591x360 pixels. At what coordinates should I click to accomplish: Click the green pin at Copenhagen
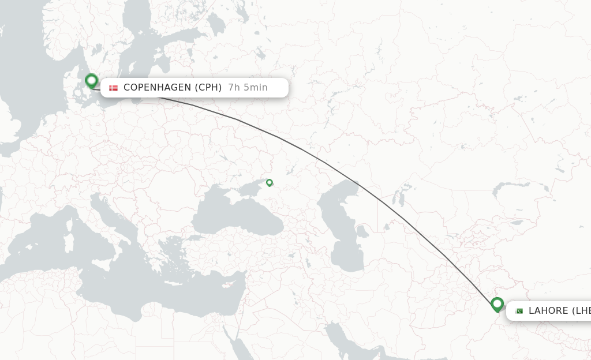pos(91,81)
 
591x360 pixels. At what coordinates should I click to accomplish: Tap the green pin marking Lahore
pos(497,304)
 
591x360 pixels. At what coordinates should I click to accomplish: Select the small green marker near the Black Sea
pos(269,182)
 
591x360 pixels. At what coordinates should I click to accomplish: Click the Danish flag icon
pos(113,88)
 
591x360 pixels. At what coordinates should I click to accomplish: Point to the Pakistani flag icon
pos(518,311)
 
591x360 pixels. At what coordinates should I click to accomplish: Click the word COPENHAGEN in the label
pos(156,88)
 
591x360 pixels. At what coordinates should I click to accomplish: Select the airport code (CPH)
pos(208,88)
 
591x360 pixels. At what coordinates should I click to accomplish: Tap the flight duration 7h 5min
pos(248,88)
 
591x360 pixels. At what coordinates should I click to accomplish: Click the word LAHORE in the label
pos(548,311)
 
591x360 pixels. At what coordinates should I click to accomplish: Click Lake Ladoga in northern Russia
pos(216,23)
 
